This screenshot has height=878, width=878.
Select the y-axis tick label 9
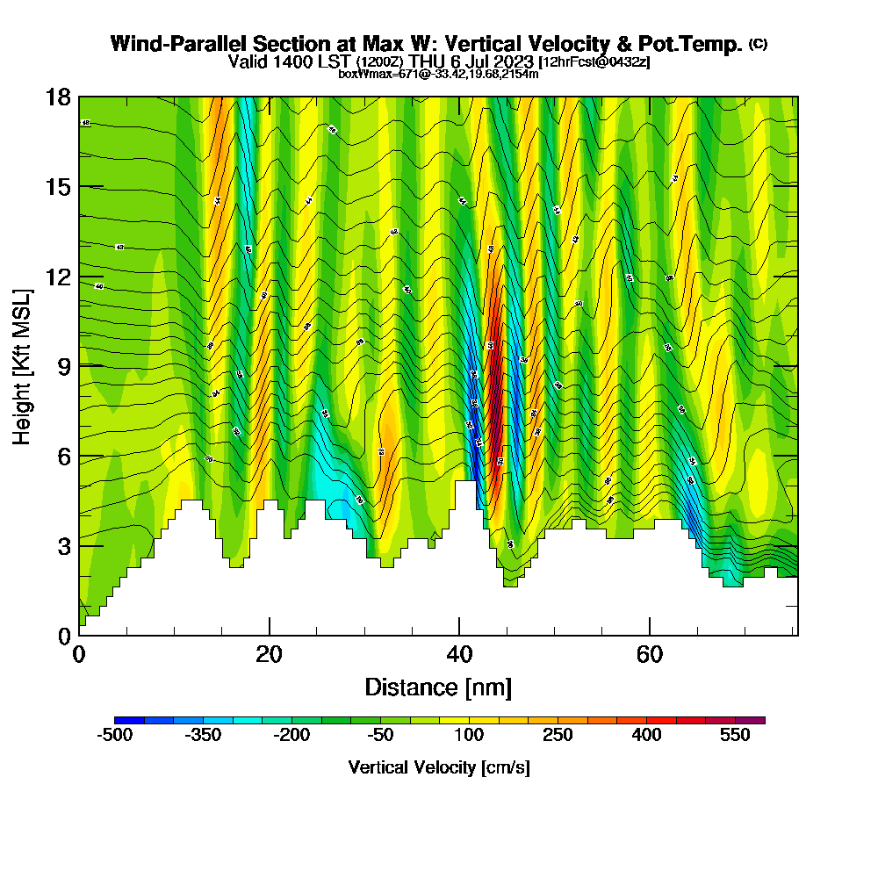pos(63,367)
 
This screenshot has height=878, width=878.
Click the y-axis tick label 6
pos(63,457)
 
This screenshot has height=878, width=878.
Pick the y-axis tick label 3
pos(63,546)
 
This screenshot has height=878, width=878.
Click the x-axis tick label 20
pos(270,655)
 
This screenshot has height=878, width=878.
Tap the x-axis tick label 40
pos(459,655)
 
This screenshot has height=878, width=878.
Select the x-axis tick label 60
pos(649,655)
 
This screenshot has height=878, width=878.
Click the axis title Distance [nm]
pos(438,687)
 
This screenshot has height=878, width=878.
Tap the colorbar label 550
pos(736,736)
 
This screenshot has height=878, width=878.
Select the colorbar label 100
pos(469,736)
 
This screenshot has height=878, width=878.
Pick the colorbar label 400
pos(647,736)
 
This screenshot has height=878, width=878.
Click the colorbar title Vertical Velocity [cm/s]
pos(438,767)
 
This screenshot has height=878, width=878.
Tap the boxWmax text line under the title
pos(438,74)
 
